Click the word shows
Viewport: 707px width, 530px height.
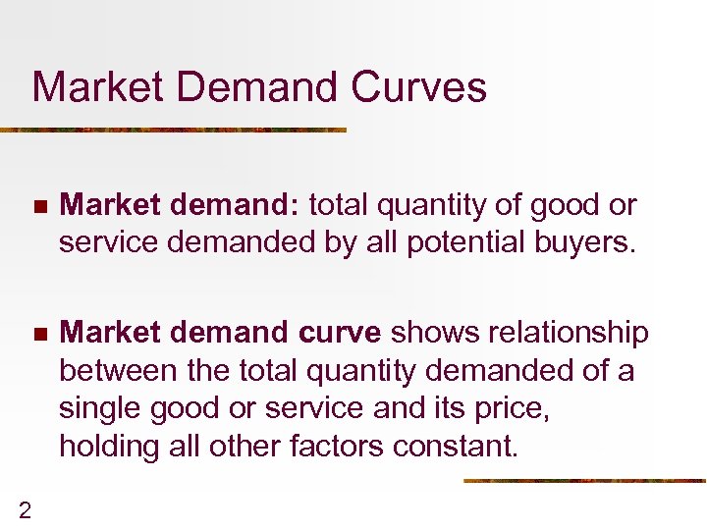coord(428,334)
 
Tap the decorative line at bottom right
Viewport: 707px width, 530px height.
coord(584,481)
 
